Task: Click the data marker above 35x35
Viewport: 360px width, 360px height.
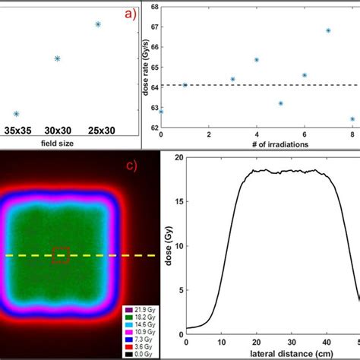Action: (x=16, y=114)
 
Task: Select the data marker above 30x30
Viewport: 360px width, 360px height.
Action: (x=57, y=58)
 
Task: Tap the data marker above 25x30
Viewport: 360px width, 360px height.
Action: (x=98, y=24)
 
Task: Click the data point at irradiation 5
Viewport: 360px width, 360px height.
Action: (x=280, y=103)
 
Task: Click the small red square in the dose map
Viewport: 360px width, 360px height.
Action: (x=61, y=255)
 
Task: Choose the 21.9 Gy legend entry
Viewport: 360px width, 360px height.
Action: (x=141, y=311)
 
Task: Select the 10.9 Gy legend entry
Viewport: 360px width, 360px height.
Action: (x=141, y=332)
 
